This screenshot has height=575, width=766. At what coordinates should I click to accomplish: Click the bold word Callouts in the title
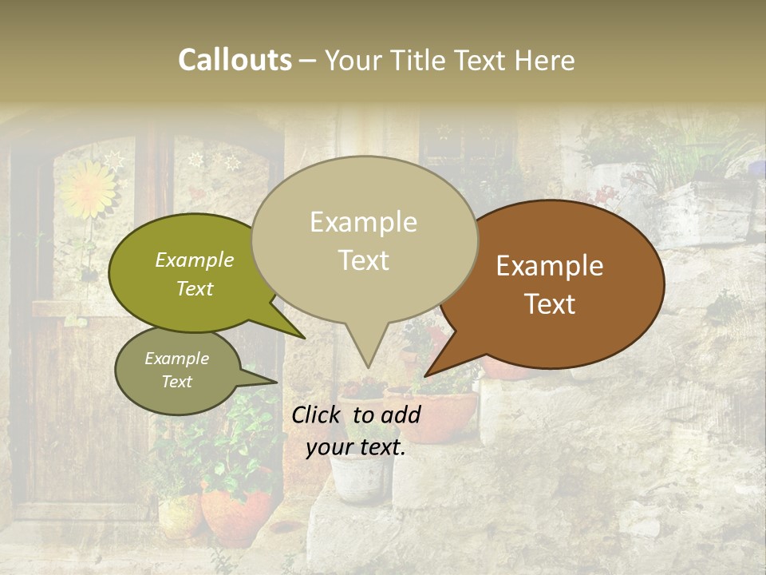[x=235, y=60]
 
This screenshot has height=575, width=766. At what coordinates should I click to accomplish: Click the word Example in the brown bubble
[x=550, y=265]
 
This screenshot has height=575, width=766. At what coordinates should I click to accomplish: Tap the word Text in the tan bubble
[x=364, y=260]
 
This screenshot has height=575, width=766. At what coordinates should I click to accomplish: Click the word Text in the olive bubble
[x=195, y=289]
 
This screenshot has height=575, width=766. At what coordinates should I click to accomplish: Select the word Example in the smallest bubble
[x=176, y=359]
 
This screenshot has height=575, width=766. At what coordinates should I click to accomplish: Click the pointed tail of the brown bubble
[x=428, y=373]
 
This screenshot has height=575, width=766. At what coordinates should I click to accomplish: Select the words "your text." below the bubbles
[x=356, y=447]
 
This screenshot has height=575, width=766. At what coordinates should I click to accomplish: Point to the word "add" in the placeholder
[x=401, y=414]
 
